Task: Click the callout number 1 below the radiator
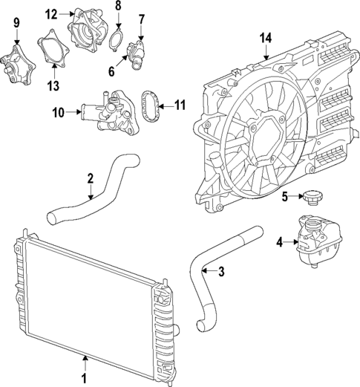[84, 378]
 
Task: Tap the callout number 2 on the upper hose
[90, 178]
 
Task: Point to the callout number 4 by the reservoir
[279, 241]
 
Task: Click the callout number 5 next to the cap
[284, 196]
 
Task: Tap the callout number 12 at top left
[50, 13]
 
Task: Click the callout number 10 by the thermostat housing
[58, 113]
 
